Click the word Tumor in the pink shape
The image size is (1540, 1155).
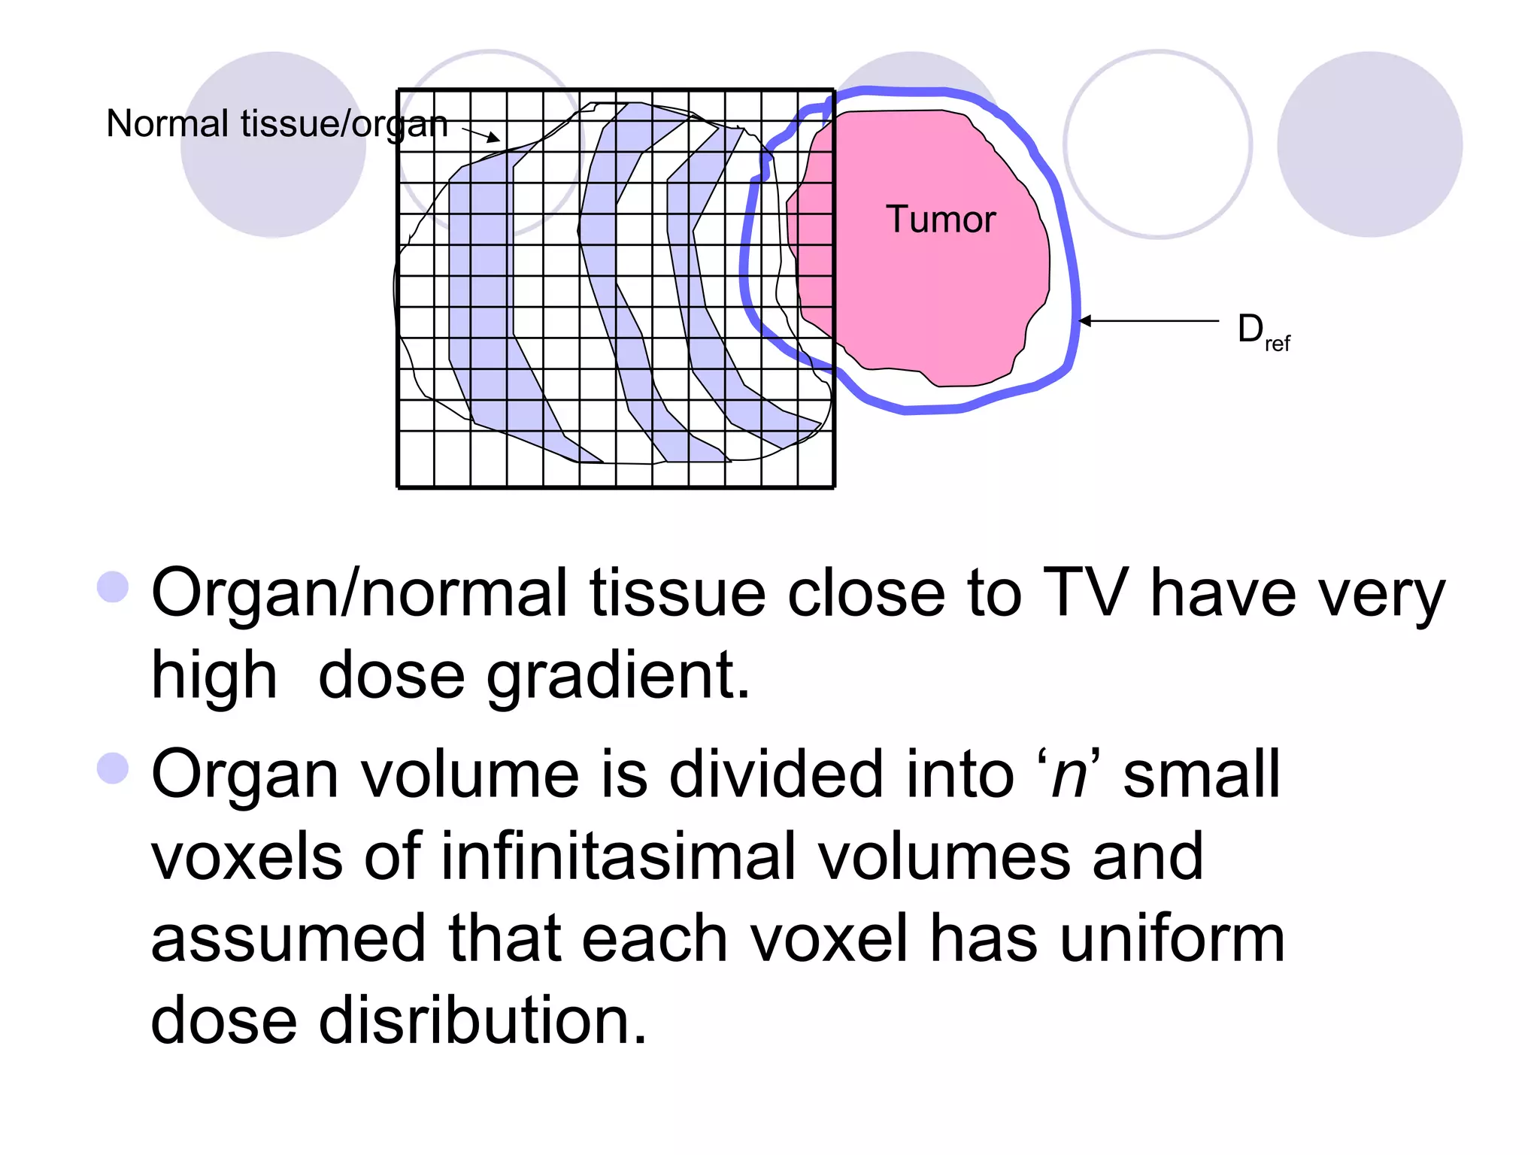point(940,220)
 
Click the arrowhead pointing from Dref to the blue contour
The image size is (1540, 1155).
point(1085,321)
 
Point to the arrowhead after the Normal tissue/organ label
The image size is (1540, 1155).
point(493,138)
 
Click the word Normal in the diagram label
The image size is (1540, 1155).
point(167,124)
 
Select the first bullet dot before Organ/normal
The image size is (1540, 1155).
point(114,587)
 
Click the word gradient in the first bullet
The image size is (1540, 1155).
point(617,675)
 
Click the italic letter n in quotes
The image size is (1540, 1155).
point(1069,775)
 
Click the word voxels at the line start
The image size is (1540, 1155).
point(247,856)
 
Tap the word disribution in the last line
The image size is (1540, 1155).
point(482,1020)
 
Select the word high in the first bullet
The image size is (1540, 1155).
point(214,675)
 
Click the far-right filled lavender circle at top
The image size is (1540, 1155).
point(1369,144)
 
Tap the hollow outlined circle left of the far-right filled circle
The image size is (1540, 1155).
point(1158,144)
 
